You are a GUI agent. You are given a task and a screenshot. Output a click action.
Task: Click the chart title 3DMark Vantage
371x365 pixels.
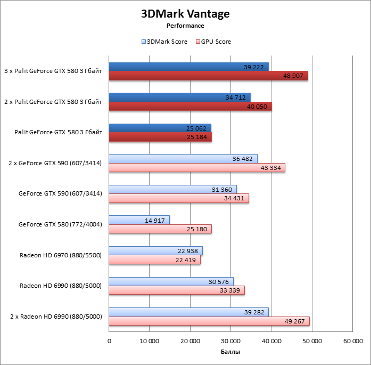[185, 14]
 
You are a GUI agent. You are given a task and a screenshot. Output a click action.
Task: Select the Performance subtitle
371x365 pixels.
[185, 25]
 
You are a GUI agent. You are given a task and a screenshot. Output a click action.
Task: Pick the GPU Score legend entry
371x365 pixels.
[214, 42]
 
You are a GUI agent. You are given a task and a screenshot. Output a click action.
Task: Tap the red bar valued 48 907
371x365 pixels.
[208, 76]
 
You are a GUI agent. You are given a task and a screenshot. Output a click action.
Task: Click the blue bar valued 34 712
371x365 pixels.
[179, 97]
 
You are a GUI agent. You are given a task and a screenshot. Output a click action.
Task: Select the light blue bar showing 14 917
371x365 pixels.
[139, 220]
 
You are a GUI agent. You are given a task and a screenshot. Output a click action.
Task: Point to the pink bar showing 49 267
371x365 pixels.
[209, 321]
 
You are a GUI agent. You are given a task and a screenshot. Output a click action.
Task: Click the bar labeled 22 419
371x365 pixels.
[154, 260]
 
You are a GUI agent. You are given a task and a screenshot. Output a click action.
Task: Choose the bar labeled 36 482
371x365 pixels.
[183, 158]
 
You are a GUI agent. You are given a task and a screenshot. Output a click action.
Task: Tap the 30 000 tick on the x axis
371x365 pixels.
[230, 341]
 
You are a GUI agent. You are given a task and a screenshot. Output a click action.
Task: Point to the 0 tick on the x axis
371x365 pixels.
[109, 341]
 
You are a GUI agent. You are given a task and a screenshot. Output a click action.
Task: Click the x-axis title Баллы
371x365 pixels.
[230, 352]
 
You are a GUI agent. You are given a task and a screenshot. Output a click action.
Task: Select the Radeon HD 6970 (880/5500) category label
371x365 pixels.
[61, 255]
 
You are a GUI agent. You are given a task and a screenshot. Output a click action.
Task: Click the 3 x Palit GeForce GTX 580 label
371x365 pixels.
[53, 71]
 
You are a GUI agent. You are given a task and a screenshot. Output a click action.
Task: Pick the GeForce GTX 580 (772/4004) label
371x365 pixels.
[60, 224]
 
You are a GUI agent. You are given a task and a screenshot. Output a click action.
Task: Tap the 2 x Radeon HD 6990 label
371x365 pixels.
[56, 317]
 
